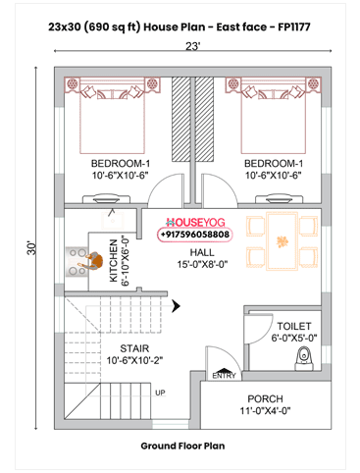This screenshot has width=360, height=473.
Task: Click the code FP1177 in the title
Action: (294, 26)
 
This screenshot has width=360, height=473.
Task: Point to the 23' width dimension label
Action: (192, 46)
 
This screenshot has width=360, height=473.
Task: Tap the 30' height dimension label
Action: (31, 248)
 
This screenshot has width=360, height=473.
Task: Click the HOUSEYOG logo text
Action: (195, 223)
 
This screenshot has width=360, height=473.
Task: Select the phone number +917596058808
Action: (195, 235)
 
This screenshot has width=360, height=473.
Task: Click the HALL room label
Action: (202, 252)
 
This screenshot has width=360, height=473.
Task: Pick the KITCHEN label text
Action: (113, 260)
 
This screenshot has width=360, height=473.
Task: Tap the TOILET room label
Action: (294, 326)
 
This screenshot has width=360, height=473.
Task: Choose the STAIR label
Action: (134, 348)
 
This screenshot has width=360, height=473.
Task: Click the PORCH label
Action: (265, 398)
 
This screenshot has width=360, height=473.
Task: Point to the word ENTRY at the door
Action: (224, 376)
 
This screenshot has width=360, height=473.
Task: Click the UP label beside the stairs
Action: (160, 393)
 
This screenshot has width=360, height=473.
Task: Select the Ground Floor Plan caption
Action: (182, 446)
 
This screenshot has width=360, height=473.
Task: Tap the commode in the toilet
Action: (304, 358)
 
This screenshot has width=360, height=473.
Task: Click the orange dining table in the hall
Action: (282, 241)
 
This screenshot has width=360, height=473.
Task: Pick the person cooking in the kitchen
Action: (91, 261)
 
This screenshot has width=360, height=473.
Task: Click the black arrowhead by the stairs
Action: (177, 306)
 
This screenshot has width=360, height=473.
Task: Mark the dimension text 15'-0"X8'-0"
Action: (202, 264)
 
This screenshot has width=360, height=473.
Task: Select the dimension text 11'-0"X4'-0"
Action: (265, 410)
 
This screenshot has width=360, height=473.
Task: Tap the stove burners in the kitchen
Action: (77, 262)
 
